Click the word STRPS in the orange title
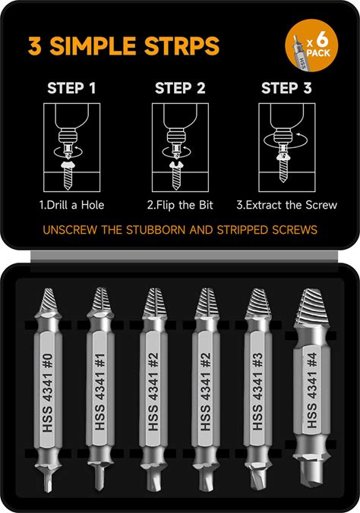tap(182, 46)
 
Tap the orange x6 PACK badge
tap(311, 45)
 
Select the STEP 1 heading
tap(71, 88)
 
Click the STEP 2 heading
tap(180, 88)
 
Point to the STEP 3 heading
tap(286, 88)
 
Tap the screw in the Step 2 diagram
tap(176, 175)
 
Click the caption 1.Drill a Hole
tap(71, 205)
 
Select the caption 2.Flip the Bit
tap(180, 205)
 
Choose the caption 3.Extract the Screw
tap(286, 205)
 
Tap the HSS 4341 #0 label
tap(48, 392)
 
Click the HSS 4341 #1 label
tap(100, 392)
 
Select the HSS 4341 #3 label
tap(257, 392)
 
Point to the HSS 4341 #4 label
tap(311, 390)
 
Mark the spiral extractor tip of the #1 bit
tap(100, 300)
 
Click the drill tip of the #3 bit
tap(257, 480)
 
